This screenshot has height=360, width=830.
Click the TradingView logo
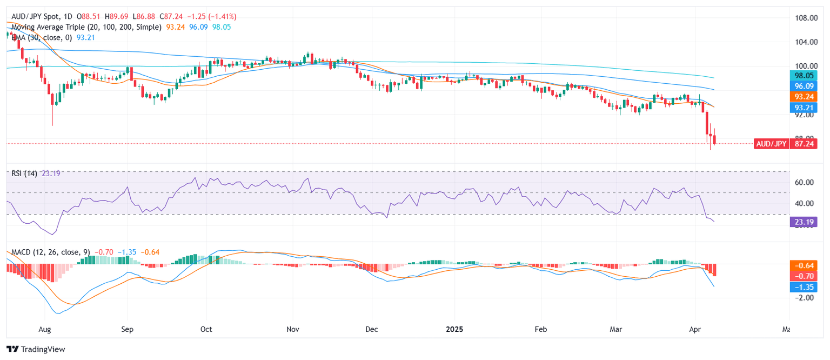click(x=36, y=349)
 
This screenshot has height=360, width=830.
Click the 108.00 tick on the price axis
click(x=806, y=18)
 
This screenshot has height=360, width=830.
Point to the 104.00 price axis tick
click(x=806, y=42)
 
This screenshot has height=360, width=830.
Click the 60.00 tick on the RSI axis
click(x=806, y=182)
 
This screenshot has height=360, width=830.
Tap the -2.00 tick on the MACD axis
click(x=806, y=298)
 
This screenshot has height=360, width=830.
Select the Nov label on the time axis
click(x=292, y=329)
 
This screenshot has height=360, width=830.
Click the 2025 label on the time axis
click(x=454, y=329)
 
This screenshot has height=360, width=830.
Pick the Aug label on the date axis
click(x=45, y=329)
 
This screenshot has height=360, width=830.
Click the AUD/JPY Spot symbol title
click(x=38, y=17)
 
